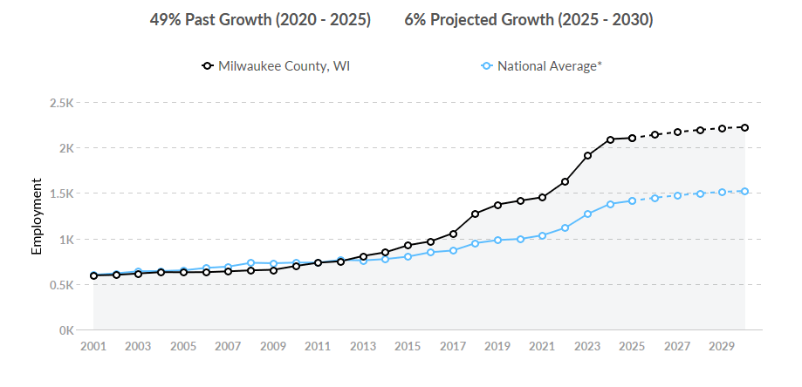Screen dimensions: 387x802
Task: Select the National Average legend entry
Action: pos(541,65)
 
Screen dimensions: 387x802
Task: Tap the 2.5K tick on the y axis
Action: pos(61,103)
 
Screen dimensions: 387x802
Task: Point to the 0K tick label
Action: pos(65,330)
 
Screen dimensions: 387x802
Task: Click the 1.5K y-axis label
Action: pos(61,193)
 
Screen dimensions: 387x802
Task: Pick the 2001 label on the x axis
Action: pos(93,346)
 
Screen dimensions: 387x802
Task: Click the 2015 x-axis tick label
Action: pos(408,346)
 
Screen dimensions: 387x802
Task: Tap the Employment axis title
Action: pos(37,216)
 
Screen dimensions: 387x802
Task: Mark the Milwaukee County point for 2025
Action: pos(632,138)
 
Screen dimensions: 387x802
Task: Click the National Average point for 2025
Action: pos(632,200)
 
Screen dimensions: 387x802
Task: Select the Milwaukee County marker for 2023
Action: pos(587,155)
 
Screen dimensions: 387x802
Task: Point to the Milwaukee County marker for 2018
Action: pos(475,214)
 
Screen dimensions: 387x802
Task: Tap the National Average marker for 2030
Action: pos(744,191)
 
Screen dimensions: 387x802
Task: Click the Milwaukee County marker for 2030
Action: pos(744,127)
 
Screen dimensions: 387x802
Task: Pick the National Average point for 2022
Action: pos(565,227)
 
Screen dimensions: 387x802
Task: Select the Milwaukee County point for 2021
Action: pos(542,197)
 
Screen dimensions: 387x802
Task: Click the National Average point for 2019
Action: pos(497,240)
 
